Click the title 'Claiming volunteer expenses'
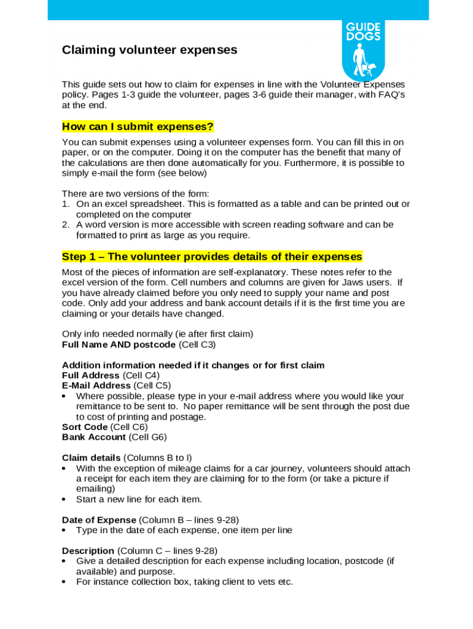[149, 50]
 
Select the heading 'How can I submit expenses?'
[138, 127]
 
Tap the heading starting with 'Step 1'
[212, 256]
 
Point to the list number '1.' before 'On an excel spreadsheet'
[65, 204]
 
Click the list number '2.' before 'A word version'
[65, 225]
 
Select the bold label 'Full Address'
[91, 375]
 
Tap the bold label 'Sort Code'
[85, 427]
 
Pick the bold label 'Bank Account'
[93, 437]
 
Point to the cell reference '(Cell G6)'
[147, 437]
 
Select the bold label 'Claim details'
[92, 458]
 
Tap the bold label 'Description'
[88, 550]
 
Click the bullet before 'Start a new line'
[64, 499]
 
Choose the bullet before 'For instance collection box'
[64, 582]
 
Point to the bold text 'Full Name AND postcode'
[119, 345]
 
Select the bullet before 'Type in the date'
[64, 530]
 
